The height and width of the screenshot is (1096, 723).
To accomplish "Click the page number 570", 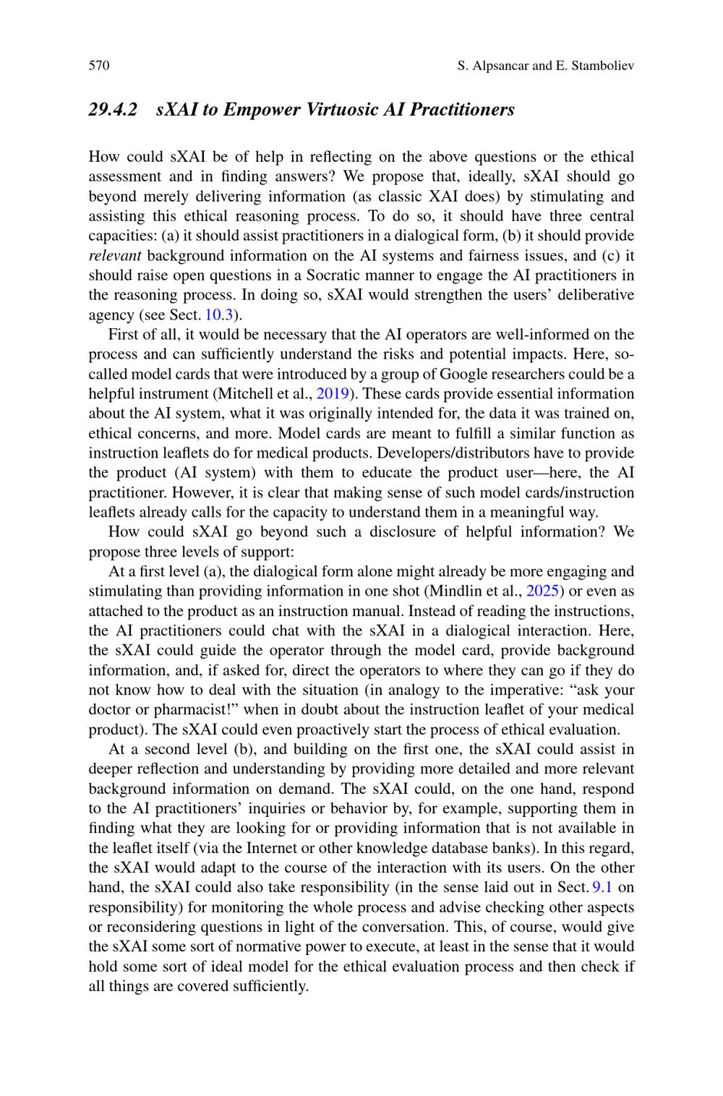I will [x=99, y=66].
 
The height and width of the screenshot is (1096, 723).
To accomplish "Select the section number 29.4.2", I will [x=113, y=110].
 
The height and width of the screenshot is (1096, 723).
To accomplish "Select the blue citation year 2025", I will [x=542, y=591].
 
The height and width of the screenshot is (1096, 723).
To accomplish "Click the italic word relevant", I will [x=114, y=256].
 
